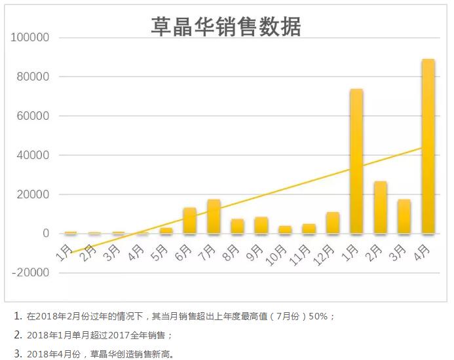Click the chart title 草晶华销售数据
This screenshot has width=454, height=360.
[226, 27]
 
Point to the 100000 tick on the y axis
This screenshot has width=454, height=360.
[31, 38]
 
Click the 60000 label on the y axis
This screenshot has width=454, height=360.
[33, 116]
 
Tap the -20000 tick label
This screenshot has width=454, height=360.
[31, 273]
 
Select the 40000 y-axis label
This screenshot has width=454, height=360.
[33, 155]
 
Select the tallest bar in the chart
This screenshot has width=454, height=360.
[428, 146]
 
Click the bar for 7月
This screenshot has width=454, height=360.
[214, 217]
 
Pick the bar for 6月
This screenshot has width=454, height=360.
[190, 221]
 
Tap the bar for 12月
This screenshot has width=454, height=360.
[333, 223]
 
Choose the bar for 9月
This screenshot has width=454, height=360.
[261, 225]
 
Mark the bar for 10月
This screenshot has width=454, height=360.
[285, 230]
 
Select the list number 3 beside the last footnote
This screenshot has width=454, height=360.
[18, 353]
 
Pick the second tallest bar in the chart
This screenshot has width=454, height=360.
[356, 161]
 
